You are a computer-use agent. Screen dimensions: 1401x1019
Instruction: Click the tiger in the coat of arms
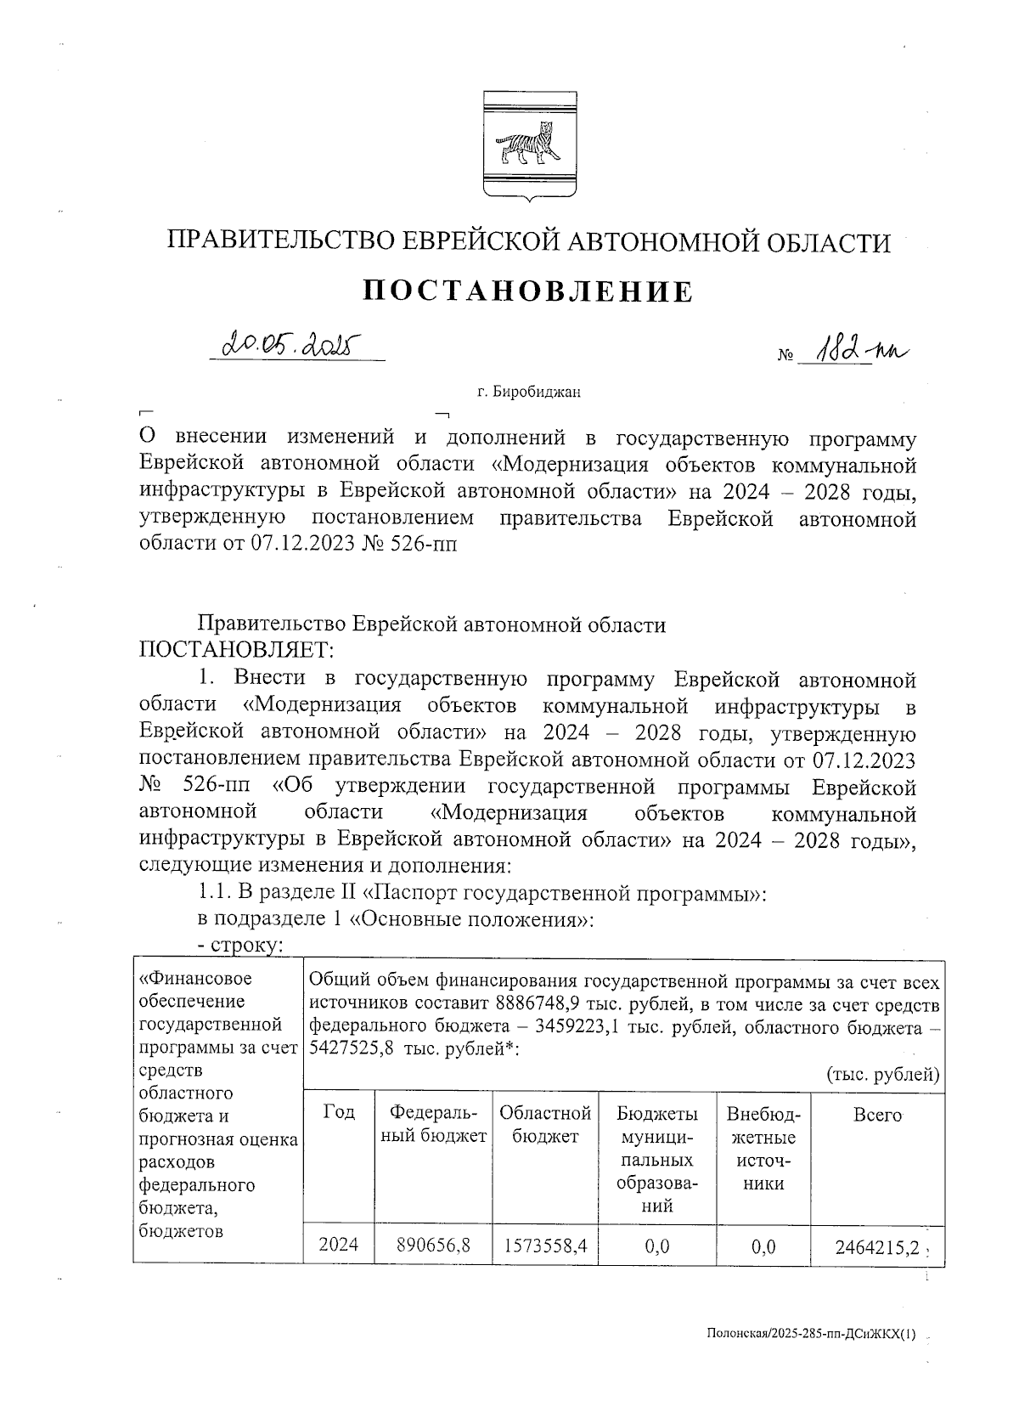point(527,145)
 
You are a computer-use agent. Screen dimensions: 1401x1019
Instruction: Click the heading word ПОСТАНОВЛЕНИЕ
point(527,291)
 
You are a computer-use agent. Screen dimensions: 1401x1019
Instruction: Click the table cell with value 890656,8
point(433,1246)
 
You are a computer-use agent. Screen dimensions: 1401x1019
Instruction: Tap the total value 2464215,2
point(877,1247)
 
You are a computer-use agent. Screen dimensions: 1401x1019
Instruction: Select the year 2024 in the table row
point(338,1246)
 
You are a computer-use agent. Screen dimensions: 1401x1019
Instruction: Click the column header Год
point(338,1112)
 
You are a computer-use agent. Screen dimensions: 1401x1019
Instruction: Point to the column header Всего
point(876,1114)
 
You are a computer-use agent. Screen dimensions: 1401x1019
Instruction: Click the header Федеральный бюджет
point(433,1124)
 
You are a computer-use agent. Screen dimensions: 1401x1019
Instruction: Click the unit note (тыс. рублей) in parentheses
point(882,1075)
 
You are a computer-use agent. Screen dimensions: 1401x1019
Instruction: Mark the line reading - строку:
point(239,946)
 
